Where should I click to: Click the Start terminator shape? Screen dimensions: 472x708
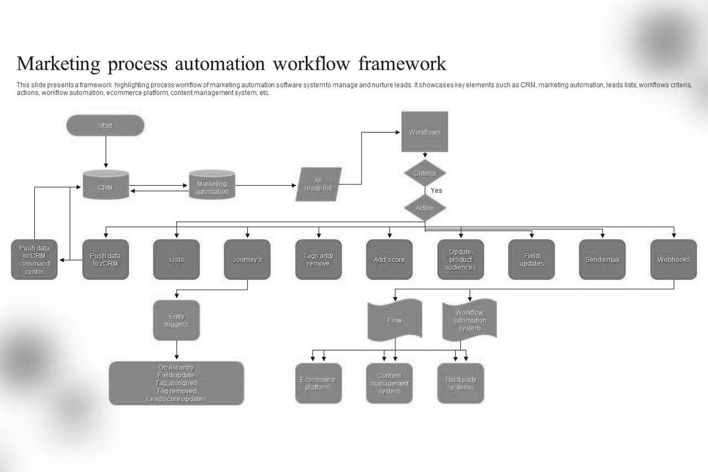[105, 126]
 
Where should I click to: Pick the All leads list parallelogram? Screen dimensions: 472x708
[319, 185]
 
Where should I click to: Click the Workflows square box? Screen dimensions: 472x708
[425, 132]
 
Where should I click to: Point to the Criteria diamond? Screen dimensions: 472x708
[425, 174]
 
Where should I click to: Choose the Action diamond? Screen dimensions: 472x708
[425, 208]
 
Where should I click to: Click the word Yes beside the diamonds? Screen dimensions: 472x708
[436, 191]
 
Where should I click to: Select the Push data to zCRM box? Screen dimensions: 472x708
[106, 260]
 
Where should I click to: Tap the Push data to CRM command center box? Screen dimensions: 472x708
[34, 260]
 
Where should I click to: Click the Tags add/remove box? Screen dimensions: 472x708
[319, 260]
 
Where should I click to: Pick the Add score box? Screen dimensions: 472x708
[389, 260]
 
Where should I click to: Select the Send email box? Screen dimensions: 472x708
[602, 260]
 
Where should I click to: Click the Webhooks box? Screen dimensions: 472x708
[673, 260]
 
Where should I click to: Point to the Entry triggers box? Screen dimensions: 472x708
[176, 321]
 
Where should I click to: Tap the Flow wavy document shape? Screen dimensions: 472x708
[395, 320]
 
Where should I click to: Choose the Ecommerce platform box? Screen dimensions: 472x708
[318, 383]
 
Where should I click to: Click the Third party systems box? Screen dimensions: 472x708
[460, 383]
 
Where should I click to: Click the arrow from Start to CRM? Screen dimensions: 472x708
[106, 152]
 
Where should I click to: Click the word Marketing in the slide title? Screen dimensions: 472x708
[58, 64]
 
